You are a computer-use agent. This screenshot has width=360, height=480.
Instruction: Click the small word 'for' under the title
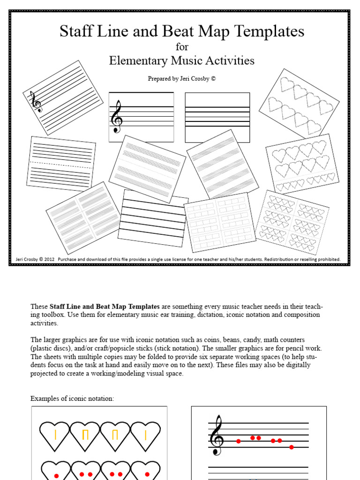click(181, 47)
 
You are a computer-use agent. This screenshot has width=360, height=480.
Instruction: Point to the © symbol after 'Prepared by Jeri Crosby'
click(213, 79)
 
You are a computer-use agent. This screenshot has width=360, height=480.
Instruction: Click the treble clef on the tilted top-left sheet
click(36, 102)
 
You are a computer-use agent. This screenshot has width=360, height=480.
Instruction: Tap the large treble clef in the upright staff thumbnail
click(116, 117)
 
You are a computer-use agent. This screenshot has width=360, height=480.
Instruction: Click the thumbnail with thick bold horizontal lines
click(152, 218)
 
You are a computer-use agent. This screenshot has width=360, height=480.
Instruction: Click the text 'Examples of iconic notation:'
click(72, 398)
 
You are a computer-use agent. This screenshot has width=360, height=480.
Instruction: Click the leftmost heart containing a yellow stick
click(55, 435)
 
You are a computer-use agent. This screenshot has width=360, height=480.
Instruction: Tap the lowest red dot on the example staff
click(292, 447)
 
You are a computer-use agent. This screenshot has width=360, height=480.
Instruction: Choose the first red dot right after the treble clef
click(239, 441)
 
